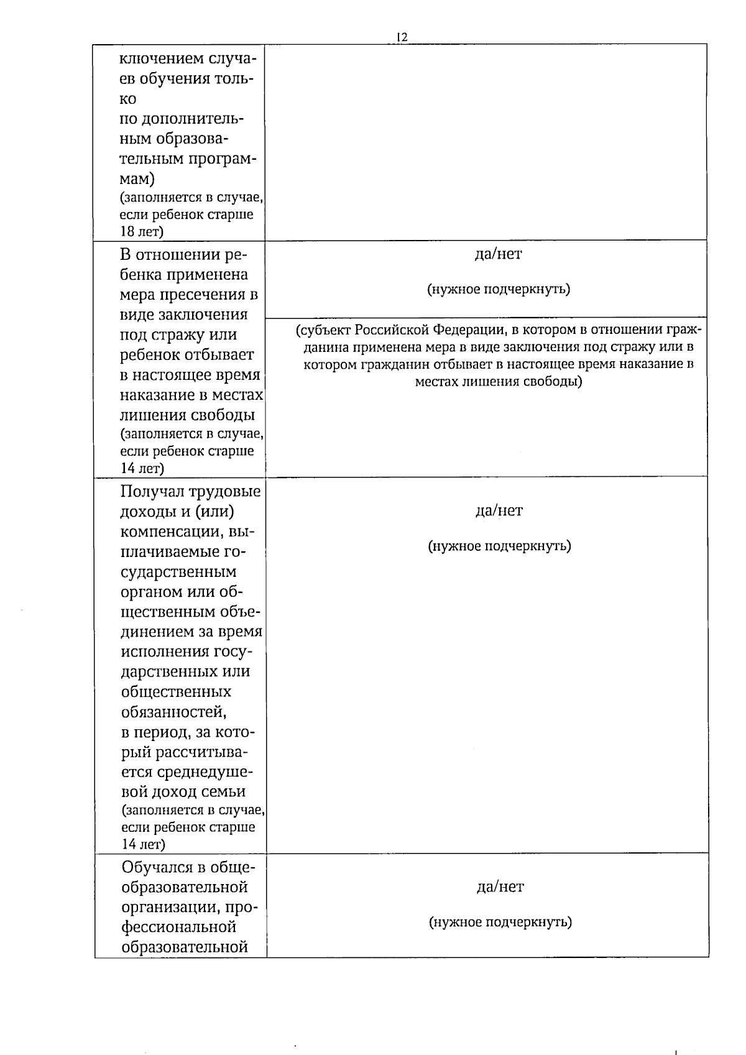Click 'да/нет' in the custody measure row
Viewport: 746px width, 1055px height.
pos(498,254)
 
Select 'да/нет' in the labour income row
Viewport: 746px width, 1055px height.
pos(499,510)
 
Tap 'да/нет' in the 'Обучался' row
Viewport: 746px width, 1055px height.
pos(500,887)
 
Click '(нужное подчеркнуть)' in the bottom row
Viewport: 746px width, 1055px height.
pos(500,922)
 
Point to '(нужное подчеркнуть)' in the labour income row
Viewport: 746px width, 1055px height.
pos(499,546)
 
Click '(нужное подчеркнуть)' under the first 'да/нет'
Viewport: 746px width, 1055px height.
pos(498,289)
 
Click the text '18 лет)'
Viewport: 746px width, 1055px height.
pos(142,232)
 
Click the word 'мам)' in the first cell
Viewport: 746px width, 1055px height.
pos(137,179)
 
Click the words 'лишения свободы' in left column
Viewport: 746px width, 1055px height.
pos(187,415)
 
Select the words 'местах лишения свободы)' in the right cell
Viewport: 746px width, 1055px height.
pos(498,382)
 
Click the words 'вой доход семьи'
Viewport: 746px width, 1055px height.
pos(183,792)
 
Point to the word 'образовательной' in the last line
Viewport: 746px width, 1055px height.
pos(185,947)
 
